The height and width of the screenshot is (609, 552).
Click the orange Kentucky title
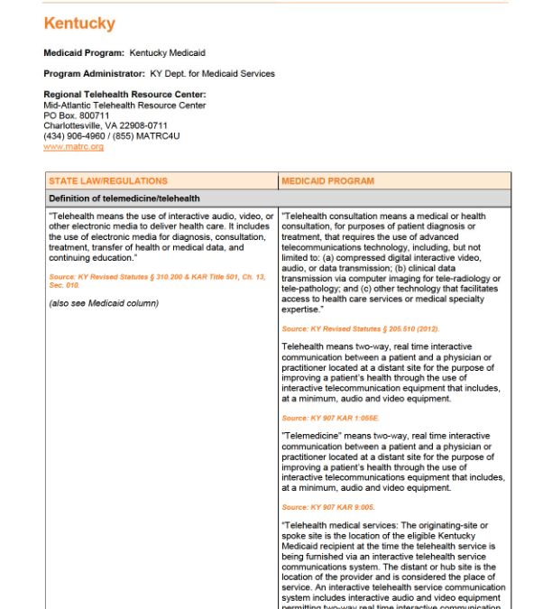(79, 23)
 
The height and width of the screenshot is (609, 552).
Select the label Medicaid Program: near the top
(84, 54)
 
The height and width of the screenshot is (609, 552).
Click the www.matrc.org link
(73, 146)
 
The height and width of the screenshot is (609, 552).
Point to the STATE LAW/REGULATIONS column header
(96, 181)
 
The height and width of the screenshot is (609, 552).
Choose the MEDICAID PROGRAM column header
(327, 181)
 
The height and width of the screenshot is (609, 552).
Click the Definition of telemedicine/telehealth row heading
(124, 198)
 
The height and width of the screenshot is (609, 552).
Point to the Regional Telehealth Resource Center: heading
(125, 95)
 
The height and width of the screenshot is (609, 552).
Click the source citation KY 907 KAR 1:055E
(330, 419)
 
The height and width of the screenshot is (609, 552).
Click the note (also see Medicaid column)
(104, 302)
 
